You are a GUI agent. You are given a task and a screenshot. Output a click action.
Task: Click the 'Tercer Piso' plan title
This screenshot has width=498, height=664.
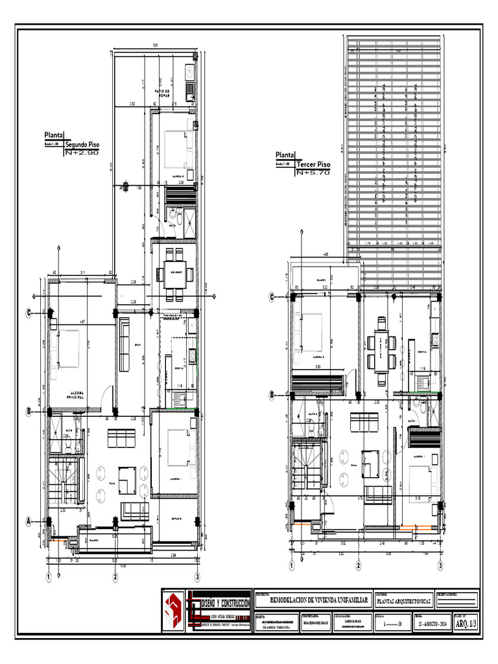point(313,165)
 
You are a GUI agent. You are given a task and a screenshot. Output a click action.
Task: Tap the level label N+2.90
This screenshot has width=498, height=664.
point(82,153)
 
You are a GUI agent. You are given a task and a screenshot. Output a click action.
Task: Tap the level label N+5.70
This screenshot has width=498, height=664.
point(313,174)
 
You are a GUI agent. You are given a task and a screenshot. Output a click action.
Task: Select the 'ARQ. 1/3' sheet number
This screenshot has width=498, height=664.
point(466,624)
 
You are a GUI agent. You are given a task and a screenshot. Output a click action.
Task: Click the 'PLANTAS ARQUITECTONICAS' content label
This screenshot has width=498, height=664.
point(403,602)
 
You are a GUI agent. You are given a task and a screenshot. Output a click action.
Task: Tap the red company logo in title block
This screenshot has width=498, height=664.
point(173,610)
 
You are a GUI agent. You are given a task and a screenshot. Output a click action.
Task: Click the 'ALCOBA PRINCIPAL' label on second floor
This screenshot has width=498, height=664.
point(77,395)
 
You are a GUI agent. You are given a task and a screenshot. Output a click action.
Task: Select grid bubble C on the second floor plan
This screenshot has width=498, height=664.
point(29,313)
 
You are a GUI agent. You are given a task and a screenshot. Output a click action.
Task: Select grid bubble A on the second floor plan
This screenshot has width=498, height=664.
point(29,521)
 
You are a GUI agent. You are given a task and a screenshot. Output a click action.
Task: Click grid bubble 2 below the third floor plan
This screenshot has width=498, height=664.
point(358,565)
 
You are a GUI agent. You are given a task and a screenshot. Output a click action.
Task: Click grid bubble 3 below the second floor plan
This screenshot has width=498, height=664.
point(196,576)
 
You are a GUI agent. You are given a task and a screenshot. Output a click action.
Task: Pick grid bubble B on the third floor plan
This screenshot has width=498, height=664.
point(273,394)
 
